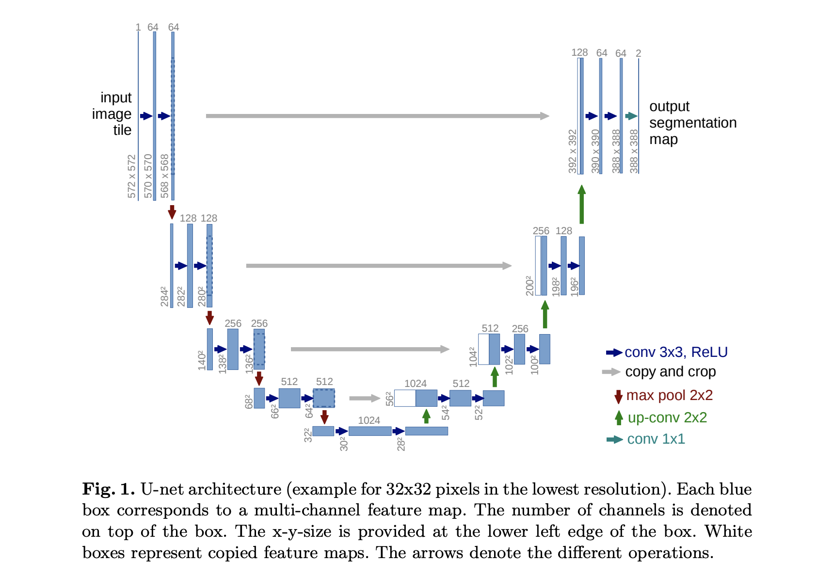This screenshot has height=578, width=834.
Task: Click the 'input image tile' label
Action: point(112,114)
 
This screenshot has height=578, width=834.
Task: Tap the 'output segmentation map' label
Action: point(693,123)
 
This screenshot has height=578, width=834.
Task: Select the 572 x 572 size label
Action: point(132,176)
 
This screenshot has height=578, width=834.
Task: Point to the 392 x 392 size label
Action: point(573,151)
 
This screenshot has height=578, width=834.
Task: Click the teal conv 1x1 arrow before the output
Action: point(631,116)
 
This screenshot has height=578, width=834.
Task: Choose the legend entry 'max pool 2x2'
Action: point(663,396)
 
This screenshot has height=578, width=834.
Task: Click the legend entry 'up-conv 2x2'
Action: point(661,417)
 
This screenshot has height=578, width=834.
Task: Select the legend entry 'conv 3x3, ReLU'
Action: point(667,353)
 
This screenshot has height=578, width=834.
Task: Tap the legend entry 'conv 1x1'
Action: point(646,439)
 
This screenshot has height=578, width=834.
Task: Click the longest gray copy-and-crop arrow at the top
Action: point(378,116)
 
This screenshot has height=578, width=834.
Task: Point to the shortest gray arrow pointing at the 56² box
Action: point(365,398)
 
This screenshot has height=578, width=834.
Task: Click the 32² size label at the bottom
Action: point(307,435)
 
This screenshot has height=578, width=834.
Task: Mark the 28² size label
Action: point(401,444)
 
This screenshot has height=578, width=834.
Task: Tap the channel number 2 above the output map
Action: point(639,53)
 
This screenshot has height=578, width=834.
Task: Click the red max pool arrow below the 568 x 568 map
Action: point(172,212)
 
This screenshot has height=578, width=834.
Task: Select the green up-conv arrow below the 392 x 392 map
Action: point(582,204)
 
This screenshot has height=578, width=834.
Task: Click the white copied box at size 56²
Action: point(405,398)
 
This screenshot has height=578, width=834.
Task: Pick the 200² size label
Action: point(529,286)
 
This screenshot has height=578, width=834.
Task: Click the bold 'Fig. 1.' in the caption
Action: point(109,489)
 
